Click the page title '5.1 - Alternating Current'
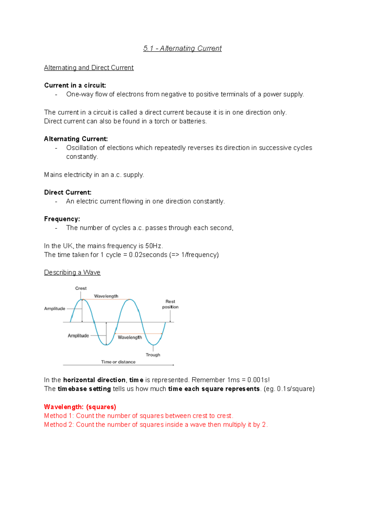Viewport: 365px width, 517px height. pyautogui.click(x=182, y=48)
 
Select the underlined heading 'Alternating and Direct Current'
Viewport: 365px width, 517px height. pyautogui.click(x=89, y=68)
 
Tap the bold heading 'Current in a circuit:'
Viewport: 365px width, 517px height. pyautogui.click(x=75, y=85)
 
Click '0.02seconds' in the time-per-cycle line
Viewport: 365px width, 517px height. pyautogui.click(x=148, y=255)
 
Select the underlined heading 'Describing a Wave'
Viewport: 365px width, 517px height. pyautogui.click(x=72, y=272)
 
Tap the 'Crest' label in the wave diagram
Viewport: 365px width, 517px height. pyautogui.click(x=81, y=288)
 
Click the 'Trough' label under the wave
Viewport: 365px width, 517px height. pyautogui.click(x=153, y=355)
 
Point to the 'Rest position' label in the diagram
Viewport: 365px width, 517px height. pyautogui.click(x=170, y=304)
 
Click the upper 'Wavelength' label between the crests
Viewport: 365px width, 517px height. pyautogui.click(x=106, y=296)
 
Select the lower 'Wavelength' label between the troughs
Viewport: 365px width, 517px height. pyautogui.click(x=130, y=337)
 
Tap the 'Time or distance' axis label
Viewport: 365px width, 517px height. pyautogui.click(x=118, y=362)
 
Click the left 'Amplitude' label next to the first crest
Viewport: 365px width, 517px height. pyautogui.click(x=55, y=308)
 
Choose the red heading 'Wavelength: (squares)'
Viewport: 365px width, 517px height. pyautogui.click(x=80, y=407)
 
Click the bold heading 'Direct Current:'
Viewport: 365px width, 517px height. pyautogui.click(x=68, y=192)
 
